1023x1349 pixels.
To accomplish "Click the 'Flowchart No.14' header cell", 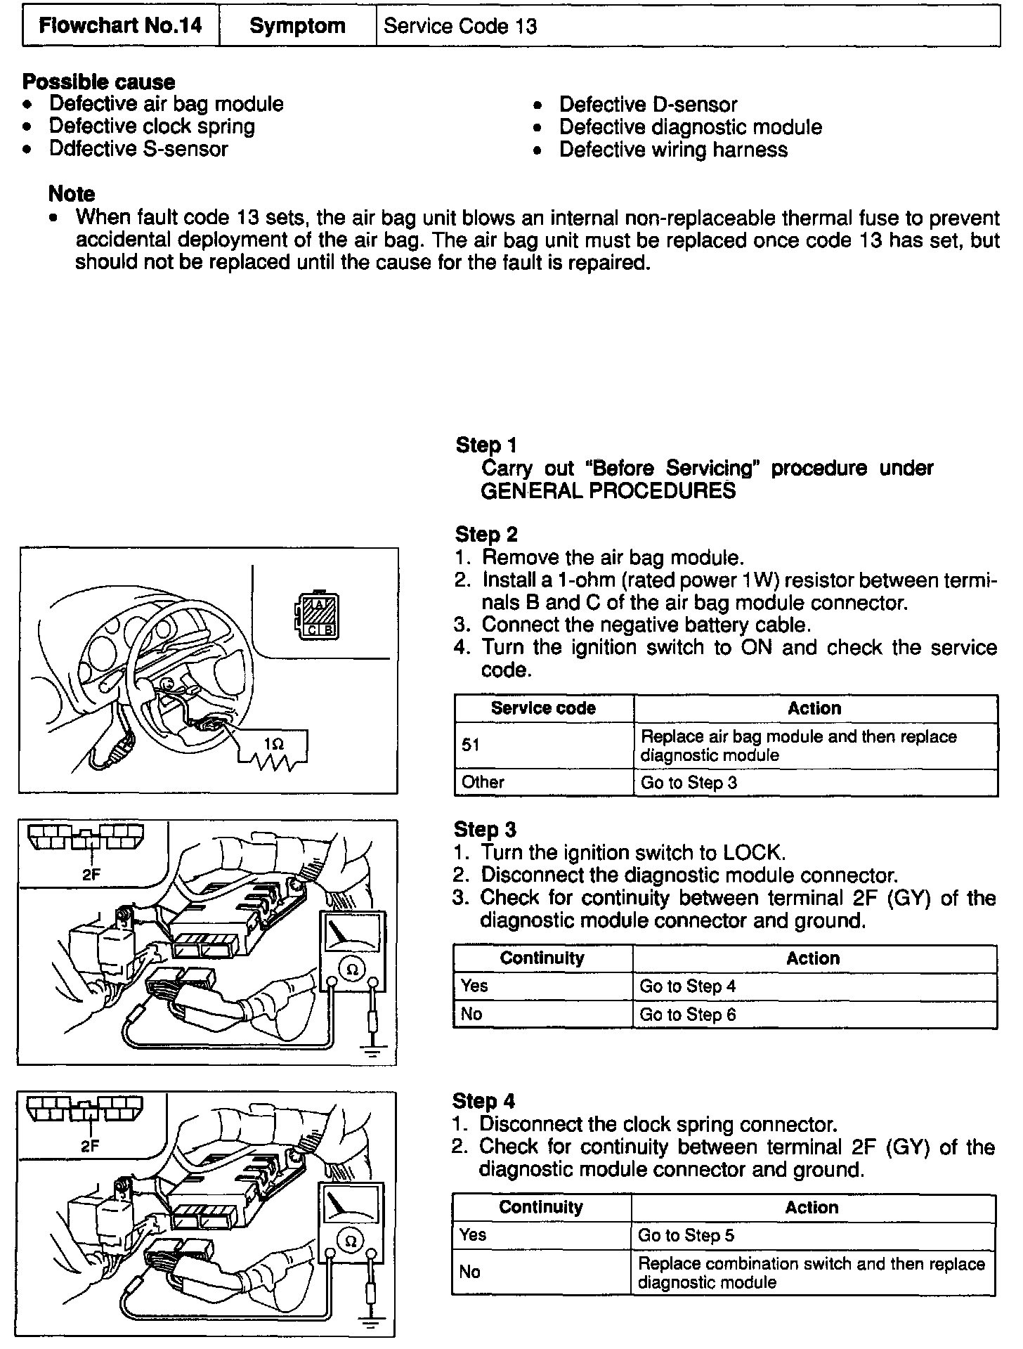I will pos(120,26).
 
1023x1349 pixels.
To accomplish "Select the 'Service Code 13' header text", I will pos(460,27).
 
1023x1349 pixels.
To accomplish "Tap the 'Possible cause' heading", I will pos(98,82).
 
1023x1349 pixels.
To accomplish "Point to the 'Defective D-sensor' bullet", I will pos(648,105).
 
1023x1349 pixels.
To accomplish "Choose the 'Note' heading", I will pos(71,193).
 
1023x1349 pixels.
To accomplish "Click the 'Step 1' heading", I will pos(486,445).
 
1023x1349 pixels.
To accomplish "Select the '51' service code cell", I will pos(471,745).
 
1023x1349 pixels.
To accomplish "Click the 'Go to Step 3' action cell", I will pos(689,783).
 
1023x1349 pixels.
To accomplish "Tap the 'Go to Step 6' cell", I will pos(687,1015).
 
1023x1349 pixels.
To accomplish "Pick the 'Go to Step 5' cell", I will pos(686,1235).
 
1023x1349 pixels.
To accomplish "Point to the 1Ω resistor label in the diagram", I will pos(274,743).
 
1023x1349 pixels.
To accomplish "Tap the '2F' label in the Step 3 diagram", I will pos(91,876).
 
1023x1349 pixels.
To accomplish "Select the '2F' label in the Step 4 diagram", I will pos(90,1146).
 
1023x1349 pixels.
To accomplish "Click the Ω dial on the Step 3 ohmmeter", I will pos(353,970).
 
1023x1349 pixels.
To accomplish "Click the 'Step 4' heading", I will pos(483,1101).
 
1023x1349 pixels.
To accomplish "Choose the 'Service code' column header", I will pos(543,708).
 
